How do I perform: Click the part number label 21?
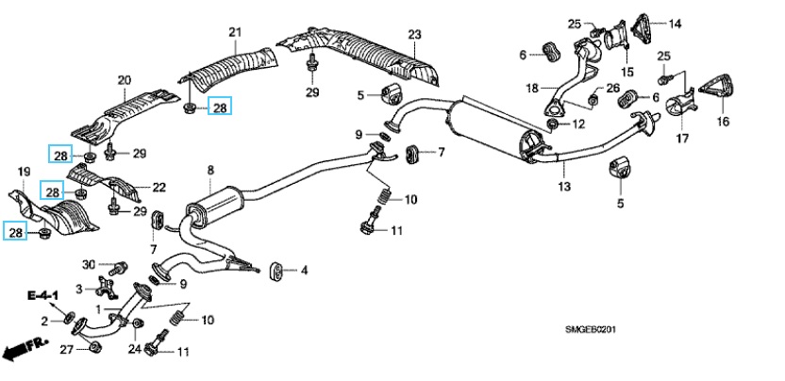pos(235,33)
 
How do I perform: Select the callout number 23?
pos(413,35)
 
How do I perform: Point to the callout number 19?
pos(24,170)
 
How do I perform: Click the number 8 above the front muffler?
pos(210,170)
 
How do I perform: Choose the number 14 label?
pos(674,23)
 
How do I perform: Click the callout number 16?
pos(723,122)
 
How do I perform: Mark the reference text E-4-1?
pos(42,296)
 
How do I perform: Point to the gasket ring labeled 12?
pos(552,124)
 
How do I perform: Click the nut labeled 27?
pos(94,351)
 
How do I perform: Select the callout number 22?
pos(159,187)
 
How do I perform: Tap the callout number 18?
pos(531,88)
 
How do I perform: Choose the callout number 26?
pos(612,89)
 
